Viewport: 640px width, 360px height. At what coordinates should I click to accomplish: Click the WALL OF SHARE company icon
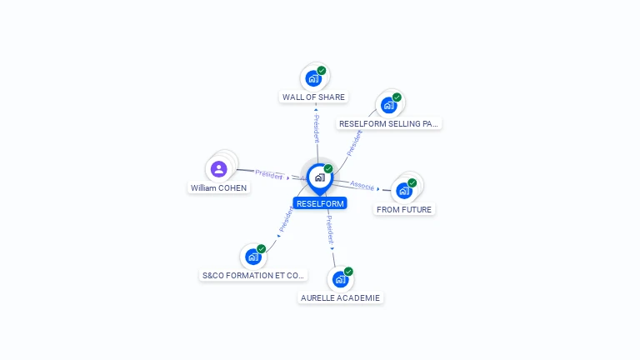[x=313, y=78]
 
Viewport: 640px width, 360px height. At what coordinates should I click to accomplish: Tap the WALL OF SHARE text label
[x=313, y=97]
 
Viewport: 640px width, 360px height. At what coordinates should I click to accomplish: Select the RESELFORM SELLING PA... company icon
[x=388, y=105]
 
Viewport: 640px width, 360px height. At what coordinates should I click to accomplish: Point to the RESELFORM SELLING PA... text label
[x=388, y=123]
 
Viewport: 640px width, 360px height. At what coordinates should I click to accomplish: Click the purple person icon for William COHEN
[x=219, y=169]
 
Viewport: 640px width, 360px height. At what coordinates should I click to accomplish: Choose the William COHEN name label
[x=218, y=188]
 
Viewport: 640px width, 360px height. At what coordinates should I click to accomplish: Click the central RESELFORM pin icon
[x=319, y=177]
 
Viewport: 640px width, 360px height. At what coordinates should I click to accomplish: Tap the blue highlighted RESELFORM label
[x=320, y=203]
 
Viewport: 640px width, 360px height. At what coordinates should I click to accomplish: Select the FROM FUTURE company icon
[x=404, y=190]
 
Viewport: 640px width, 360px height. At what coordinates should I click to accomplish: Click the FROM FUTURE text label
[x=404, y=210]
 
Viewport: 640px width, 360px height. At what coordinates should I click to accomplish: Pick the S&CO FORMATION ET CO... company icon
[x=253, y=257]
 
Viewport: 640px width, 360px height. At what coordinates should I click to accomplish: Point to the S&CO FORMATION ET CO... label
[x=254, y=275]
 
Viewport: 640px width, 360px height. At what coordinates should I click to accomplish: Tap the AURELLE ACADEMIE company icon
[x=340, y=279]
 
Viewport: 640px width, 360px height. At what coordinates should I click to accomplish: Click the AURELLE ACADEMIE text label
[x=340, y=297]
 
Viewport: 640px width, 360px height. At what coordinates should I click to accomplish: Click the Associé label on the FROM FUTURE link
[x=362, y=185]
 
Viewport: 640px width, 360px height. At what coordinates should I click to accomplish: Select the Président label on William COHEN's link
[x=269, y=174]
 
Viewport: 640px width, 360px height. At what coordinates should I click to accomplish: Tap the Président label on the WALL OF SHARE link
[x=316, y=129]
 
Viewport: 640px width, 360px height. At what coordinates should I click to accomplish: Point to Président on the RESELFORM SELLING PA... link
[x=355, y=142]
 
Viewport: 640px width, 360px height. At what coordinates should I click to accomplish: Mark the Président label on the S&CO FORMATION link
[x=287, y=220]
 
